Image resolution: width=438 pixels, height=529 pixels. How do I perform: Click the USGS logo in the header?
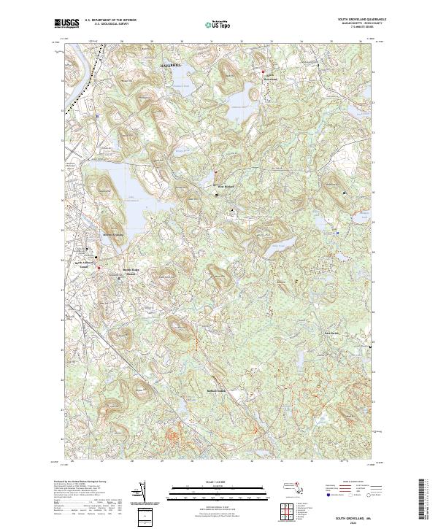click(66, 23)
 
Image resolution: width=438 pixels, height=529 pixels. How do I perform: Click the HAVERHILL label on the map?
click(168, 66)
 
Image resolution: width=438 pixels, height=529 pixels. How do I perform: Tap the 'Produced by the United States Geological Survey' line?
click(80, 482)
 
